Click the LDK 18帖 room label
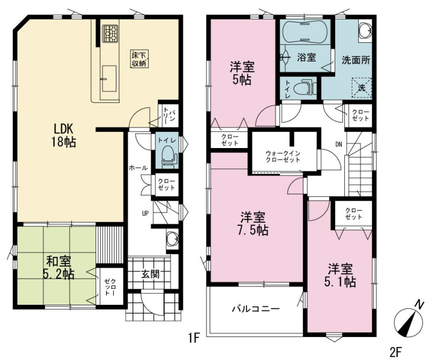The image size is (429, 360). point(63,135)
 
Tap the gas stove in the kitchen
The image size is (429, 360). point(110,34)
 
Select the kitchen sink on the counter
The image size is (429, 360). point(109,78)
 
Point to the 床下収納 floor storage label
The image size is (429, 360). point(139,59)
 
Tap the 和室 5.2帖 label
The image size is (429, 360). point(58,268)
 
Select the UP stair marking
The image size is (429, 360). point(145,212)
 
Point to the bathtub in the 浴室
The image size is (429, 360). point(305,32)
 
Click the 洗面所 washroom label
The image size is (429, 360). point(356,60)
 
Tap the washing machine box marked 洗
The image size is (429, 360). point(362,88)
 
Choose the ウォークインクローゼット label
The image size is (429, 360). point(283,156)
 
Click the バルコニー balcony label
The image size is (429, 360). point(256,309)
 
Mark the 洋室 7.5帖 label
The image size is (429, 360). point(253,224)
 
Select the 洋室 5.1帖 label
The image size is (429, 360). point(340,275)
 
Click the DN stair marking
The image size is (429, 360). point(339,144)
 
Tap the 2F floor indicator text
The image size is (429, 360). point(396,351)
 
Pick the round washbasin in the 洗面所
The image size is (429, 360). point(365,30)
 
